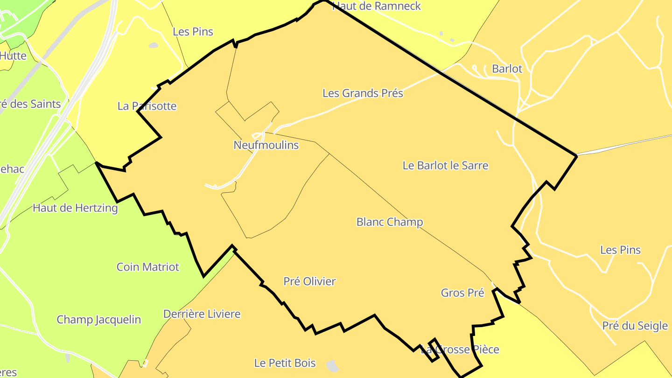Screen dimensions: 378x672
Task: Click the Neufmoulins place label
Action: click(x=266, y=145)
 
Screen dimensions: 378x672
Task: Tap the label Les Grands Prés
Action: click(x=363, y=93)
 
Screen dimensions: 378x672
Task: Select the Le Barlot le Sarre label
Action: click(x=445, y=166)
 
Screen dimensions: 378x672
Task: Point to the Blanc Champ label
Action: click(x=390, y=222)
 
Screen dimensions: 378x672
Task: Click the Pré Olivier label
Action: click(x=309, y=281)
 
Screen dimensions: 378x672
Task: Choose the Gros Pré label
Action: click(x=462, y=293)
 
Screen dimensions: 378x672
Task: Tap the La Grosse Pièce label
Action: click(x=460, y=350)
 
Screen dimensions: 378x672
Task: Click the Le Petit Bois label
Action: click(x=285, y=363)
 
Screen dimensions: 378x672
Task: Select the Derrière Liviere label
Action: click(x=202, y=314)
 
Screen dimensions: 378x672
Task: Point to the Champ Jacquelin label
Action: click(x=98, y=320)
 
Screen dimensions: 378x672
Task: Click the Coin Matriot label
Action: click(x=147, y=267)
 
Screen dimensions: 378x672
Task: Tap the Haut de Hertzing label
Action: click(x=75, y=208)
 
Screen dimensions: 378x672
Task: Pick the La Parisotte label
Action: click(x=147, y=106)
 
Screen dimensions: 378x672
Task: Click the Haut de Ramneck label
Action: click(x=377, y=6)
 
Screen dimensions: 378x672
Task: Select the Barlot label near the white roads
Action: click(x=507, y=69)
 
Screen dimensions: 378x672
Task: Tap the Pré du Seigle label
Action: click(x=635, y=326)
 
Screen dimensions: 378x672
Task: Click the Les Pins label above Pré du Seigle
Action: click(x=620, y=250)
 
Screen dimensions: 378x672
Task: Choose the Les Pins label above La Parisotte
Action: click(x=193, y=32)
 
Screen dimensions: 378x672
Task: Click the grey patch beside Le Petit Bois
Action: click(x=332, y=366)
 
